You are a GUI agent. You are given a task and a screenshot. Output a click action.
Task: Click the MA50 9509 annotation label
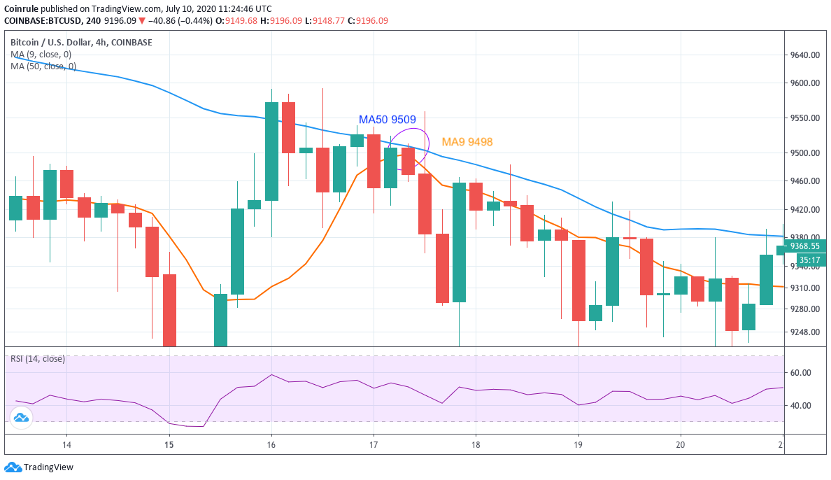tap(387, 120)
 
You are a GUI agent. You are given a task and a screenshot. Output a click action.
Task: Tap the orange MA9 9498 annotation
tap(467, 142)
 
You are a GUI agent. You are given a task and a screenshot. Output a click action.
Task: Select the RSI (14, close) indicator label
tap(37, 359)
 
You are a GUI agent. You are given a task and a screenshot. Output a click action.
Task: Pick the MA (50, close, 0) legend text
tap(43, 66)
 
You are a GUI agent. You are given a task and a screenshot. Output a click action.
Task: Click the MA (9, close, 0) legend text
tap(41, 55)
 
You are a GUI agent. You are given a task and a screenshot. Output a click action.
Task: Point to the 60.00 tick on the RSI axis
tap(800, 373)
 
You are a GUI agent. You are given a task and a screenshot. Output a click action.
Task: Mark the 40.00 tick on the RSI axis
tap(800, 406)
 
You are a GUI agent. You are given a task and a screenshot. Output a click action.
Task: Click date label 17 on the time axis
tap(374, 444)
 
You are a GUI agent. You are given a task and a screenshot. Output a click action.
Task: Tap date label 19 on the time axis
tap(578, 444)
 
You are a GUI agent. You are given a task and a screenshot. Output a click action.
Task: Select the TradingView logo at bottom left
tap(39, 467)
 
